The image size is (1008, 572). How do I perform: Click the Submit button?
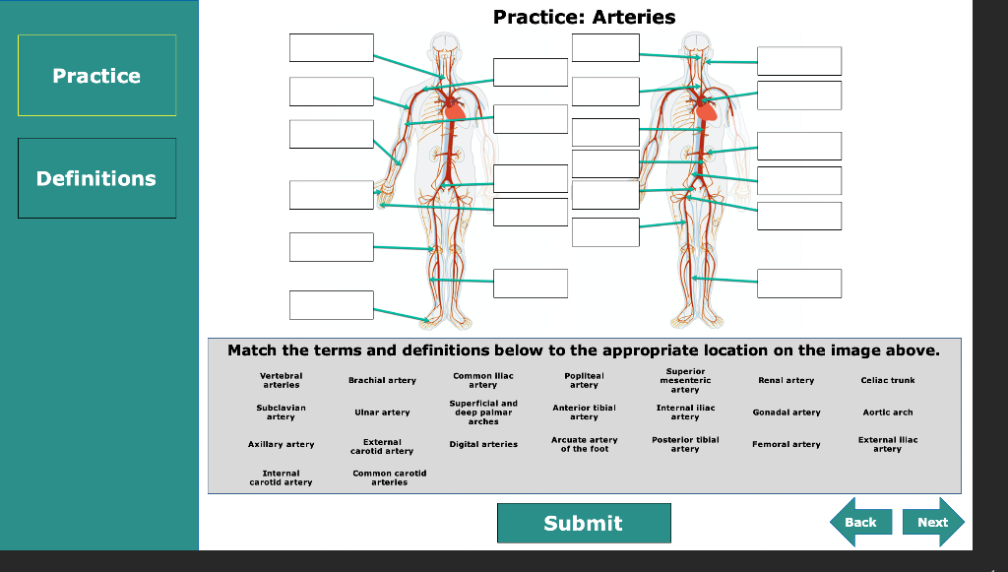(x=584, y=523)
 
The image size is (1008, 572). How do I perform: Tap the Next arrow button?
(x=932, y=522)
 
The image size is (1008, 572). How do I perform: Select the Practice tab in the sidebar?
(x=96, y=76)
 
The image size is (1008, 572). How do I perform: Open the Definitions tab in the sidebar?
(x=96, y=178)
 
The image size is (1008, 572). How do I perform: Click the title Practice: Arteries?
(x=584, y=17)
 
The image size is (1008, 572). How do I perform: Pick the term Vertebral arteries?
(x=281, y=380)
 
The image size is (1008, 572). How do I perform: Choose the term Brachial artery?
(x=382, y=380)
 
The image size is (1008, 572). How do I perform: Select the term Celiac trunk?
(x=887, y=380)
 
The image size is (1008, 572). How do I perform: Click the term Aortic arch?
(x=887, y=413)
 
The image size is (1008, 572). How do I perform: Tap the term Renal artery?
(x=786, y=380)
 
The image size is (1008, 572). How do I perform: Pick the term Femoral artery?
(x=786, y=444)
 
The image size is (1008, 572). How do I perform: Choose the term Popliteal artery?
(x=584, y=380)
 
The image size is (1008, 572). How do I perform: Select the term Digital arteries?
(x=483, y=444)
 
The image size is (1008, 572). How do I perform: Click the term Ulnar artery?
(x=382, y=413)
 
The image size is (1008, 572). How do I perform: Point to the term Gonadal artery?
(x=786, y=413)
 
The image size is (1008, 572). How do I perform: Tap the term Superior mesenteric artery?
(x=685, y=380)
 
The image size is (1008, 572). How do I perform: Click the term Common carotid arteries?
(x=389, y=477)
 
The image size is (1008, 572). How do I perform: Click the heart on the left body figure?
(x=455, y=109)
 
